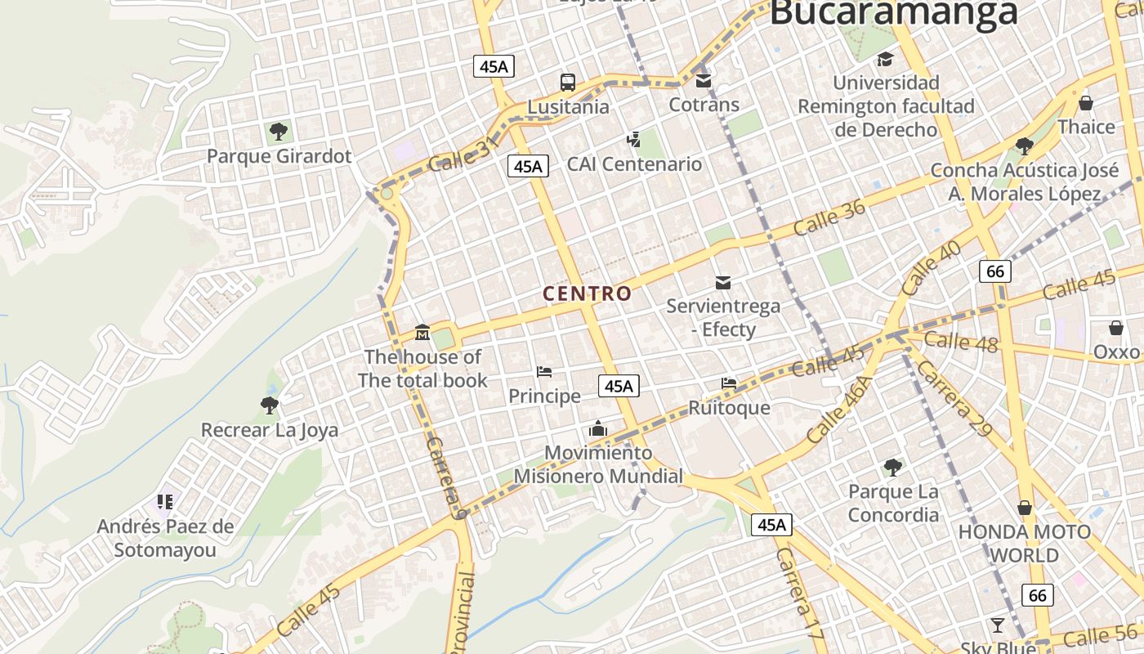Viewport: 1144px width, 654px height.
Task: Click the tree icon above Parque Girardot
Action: [279, 131]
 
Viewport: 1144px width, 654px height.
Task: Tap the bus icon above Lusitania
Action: [568, 82]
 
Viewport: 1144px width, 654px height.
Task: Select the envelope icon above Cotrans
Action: [704, 81]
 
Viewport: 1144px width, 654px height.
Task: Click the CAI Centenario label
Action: [635, 163]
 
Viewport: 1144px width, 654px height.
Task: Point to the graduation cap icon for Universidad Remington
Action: [885, 59]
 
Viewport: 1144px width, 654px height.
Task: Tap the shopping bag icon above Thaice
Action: [1086, 103]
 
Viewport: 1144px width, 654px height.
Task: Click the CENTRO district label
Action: [588, 293]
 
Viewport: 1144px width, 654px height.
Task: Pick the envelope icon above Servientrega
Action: [723, 283]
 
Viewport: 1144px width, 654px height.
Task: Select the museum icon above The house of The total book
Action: [422, 332]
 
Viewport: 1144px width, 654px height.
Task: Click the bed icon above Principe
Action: [544, 372]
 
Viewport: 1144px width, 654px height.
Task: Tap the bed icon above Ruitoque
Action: [729, 383]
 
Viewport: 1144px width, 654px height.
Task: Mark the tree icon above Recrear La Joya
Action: [269, 405]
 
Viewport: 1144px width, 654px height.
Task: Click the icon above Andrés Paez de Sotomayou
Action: [165, 501]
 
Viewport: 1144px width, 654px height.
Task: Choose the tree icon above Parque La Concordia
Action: [893, 468]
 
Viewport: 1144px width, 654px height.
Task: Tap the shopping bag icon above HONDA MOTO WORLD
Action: [1025, 508]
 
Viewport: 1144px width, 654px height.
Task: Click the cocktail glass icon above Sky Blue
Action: [998, 625]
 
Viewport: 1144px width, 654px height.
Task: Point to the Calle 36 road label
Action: [829, 218]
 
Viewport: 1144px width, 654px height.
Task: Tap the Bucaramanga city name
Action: [894, 13]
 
